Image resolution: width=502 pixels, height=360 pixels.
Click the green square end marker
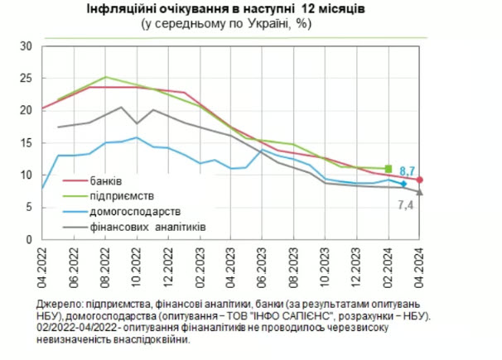pos(389,169)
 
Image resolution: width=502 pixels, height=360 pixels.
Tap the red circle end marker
pos(419,180)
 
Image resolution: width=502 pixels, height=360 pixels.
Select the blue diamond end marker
pos(403,184)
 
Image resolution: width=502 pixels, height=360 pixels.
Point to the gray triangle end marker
pos(419,192)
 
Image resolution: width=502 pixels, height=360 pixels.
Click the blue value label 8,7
pos(407,171)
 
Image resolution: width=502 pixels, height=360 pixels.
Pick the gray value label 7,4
pos(405,205)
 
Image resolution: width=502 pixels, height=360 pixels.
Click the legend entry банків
pos(106,181)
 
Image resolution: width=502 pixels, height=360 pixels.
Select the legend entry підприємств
pos(122,196)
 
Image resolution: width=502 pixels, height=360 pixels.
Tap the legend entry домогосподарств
pos(135,211)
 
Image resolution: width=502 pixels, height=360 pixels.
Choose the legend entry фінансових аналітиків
pos(148,227)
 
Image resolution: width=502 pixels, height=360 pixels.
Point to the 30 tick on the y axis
pos(27,46)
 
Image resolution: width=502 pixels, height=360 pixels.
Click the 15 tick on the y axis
pos(27,143)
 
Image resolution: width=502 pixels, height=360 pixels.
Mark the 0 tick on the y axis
pos(29,239)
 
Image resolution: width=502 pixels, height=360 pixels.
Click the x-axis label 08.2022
pos(105,267)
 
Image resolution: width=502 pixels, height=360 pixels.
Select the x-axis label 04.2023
pos(231,267)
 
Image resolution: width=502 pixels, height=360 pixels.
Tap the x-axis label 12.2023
pos(356,267)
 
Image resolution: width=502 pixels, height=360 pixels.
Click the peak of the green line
pos(106,77)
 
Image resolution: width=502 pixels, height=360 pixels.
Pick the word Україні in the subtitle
pos(268,24)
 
